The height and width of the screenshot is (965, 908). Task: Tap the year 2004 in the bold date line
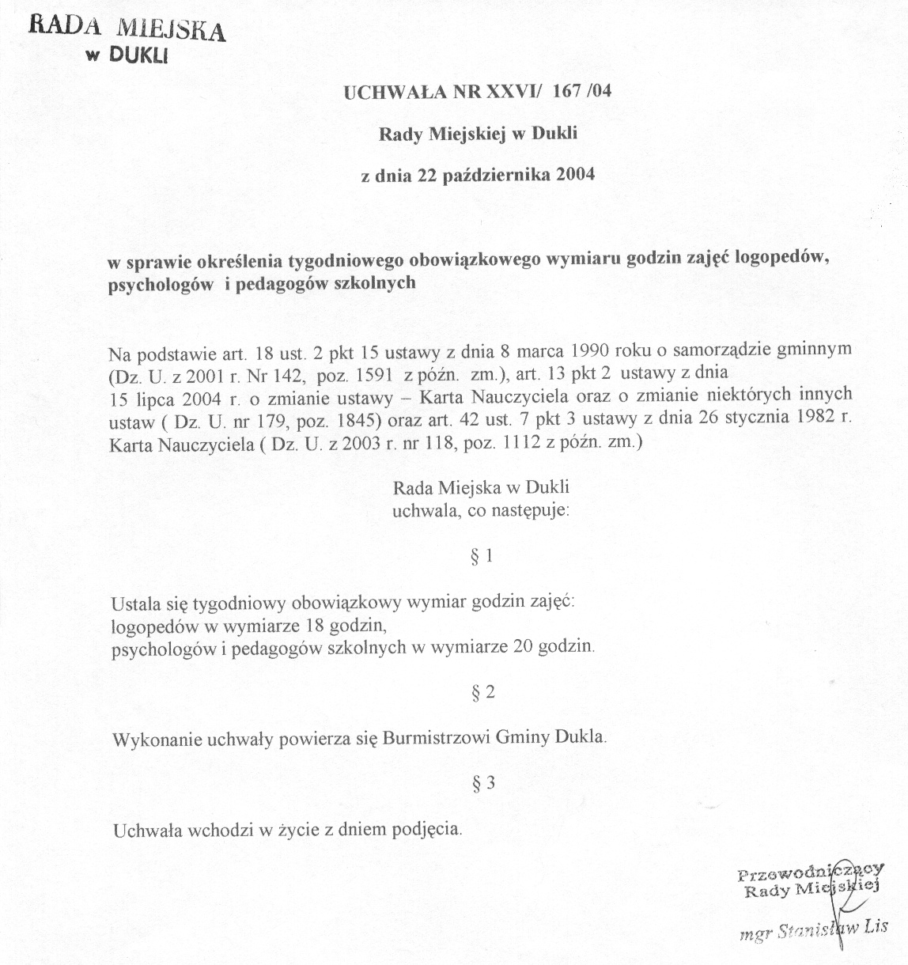coord(575,175)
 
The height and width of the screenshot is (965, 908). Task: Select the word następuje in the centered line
coord(534,510)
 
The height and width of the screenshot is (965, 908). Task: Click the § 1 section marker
coord(482,557)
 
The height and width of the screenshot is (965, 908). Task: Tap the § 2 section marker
coord(482,693)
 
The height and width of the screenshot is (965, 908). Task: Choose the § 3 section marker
coord(482,784)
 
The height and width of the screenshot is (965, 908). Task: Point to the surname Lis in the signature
coord(876,926)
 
